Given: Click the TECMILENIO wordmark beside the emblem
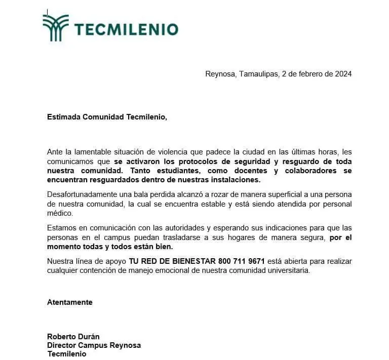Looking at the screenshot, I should (127, 29).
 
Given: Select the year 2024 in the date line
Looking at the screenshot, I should (342, 73).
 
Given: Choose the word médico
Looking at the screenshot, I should (60, 213).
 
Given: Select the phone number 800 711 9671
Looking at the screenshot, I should (242, 261).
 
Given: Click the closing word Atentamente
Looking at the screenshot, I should (70, 302).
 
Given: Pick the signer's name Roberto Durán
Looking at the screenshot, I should (72, 336).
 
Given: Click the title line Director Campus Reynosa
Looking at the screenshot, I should (94, 345).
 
